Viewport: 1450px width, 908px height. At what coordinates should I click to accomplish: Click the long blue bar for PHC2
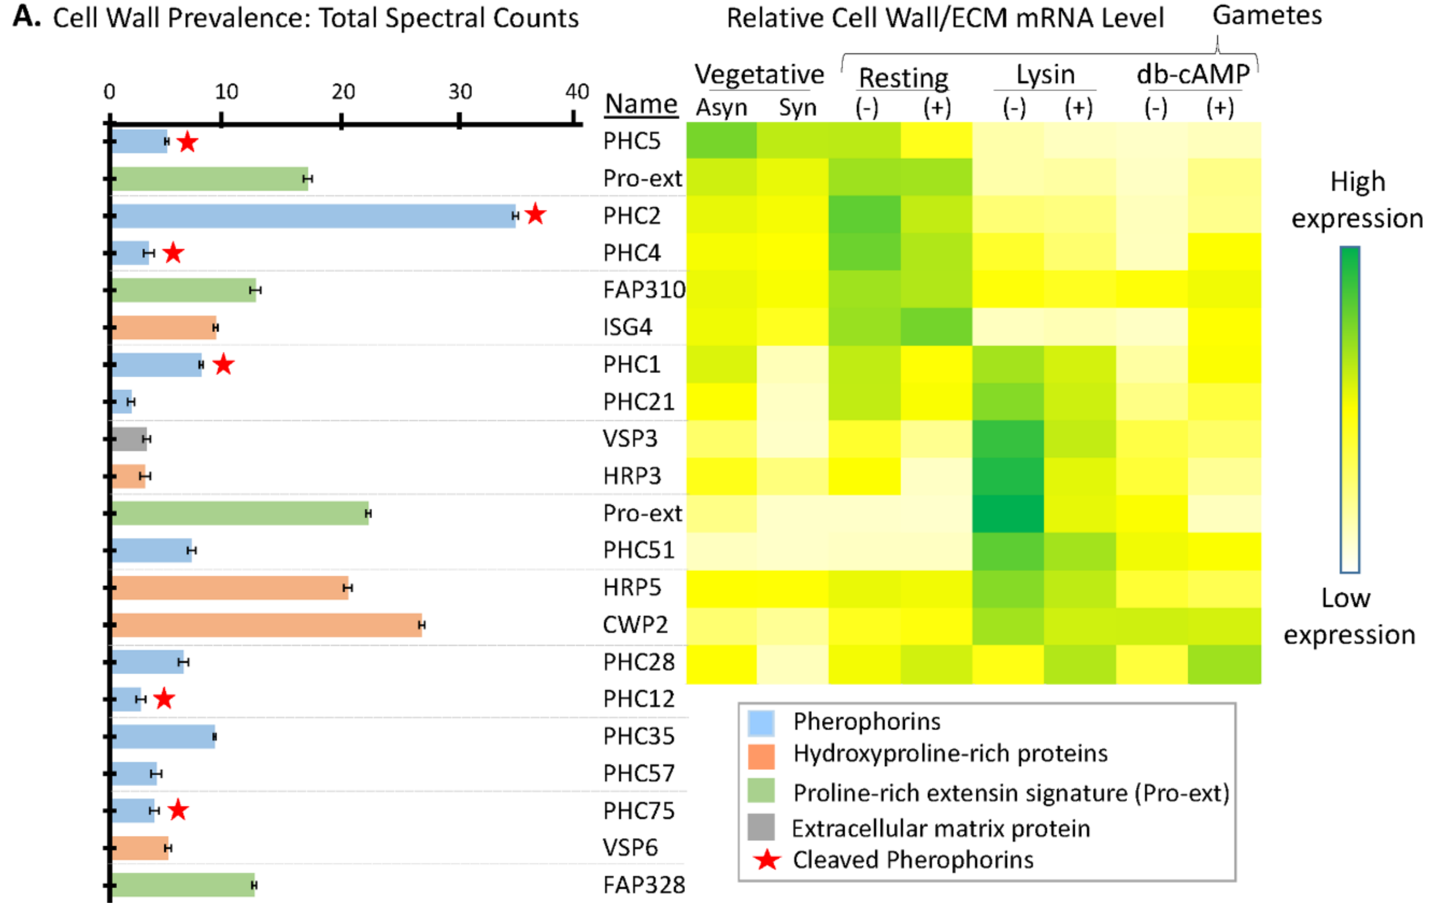[312, 216]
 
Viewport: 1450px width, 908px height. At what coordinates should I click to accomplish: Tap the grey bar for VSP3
[129, 439]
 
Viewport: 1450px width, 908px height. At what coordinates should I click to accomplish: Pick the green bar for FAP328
[183, 885]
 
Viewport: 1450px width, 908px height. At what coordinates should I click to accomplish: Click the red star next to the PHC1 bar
[223, 364]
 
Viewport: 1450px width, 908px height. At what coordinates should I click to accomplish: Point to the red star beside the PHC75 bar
[178, 810]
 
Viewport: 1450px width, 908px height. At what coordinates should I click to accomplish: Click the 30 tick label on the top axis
[460, 92]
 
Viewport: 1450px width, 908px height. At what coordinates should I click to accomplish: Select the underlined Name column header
[641, 104]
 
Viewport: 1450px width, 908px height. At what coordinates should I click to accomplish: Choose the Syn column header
[797, 108]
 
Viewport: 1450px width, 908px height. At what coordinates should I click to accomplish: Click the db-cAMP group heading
[1192, 75]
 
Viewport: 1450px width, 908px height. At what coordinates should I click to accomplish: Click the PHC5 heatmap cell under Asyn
[721, 140]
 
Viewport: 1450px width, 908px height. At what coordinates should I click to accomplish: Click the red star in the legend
[767, 860]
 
